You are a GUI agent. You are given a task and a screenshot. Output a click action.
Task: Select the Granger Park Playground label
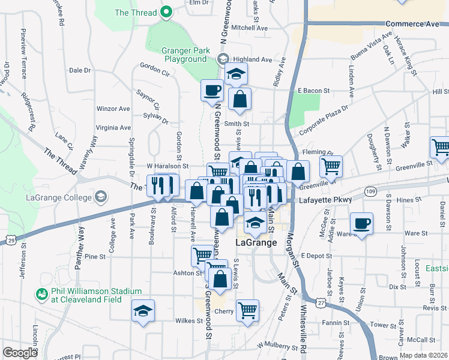[185, 55]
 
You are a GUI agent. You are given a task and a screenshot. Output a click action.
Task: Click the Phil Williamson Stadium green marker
[41, 295]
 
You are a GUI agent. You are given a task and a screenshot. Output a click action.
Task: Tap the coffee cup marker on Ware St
[361, 224]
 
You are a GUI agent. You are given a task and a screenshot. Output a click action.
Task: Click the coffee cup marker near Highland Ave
[212, 91]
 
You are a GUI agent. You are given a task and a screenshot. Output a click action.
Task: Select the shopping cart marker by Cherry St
[247, 310]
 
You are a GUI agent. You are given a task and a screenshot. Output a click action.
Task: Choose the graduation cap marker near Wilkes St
[143, 311]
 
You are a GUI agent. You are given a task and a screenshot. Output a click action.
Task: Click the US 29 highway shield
[11, 240]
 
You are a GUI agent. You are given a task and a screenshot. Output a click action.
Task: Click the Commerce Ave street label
[412, 24]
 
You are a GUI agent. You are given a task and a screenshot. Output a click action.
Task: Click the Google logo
[20, 353]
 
